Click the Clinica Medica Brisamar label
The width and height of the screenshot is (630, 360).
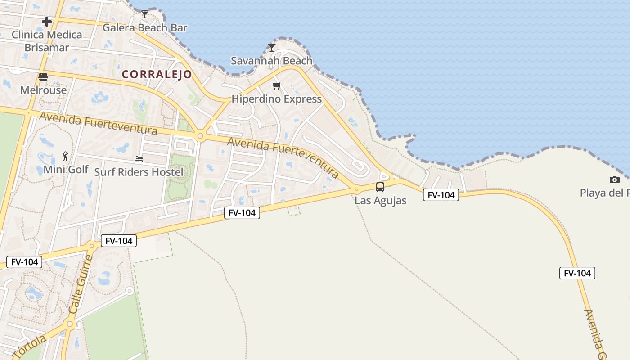coord(47,41)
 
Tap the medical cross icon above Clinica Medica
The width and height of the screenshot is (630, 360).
coord(47,22)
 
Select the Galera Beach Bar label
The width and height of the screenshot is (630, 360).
coord(145,28)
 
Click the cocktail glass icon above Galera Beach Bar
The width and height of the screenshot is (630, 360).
coord(145,14)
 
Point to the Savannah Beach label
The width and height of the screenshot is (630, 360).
coord(271,61)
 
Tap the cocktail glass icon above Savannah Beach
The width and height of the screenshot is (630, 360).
coord(271,47)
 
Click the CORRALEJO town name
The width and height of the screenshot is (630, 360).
coord(157,75)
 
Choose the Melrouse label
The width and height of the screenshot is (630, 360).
coord(43,90)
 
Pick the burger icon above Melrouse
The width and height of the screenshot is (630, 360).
coord(43,76)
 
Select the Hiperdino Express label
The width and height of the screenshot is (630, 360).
coord(277,99)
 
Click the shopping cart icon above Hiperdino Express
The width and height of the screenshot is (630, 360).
coord(277,85)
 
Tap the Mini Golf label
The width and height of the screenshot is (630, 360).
coord(66,170)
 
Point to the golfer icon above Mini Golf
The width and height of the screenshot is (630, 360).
coord(66,156)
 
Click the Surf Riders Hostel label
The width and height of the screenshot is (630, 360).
coord(139,172)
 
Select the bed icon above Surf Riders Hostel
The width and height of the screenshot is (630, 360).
coord(139,158)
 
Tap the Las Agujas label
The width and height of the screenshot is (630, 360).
coord(380,201)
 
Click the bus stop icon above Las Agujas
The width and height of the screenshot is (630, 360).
coord(380,187)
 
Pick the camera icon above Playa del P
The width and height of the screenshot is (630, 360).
coord(615,180)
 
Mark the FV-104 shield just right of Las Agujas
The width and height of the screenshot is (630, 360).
coord(441,195)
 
